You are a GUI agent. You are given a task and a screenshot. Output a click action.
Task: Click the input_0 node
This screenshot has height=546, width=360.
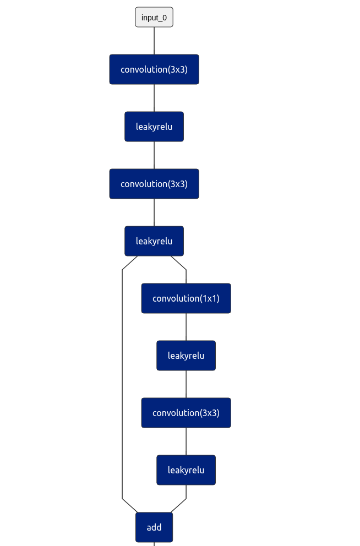[154, 17]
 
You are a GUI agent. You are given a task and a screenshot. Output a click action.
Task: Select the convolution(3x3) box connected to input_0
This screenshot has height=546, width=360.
[154, 69]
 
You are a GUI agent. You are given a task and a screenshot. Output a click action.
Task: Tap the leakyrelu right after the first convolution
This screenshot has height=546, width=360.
[154, 127]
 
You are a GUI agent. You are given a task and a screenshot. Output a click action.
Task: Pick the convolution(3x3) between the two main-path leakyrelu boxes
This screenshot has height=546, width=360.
[154, 184]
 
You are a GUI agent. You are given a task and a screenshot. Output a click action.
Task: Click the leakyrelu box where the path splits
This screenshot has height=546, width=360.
[154, 241]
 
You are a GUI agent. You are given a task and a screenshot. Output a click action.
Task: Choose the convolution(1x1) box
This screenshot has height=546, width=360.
[186, 298]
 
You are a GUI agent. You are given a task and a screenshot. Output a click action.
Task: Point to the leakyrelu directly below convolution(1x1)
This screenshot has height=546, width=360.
[186, 356]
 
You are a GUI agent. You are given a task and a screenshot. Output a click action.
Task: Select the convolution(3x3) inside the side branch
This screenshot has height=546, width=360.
[186, 413]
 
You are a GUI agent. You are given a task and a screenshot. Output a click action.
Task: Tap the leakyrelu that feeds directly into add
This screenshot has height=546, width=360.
[186, 470]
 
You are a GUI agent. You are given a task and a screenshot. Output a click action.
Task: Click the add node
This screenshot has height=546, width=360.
[154, 527]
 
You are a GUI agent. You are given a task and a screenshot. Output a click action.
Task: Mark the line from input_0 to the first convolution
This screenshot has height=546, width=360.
[154, 41]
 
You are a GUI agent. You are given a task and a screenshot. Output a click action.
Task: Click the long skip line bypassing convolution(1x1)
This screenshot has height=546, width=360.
[122, 385]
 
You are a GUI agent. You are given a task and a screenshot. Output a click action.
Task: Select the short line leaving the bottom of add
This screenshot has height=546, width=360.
[154, 544]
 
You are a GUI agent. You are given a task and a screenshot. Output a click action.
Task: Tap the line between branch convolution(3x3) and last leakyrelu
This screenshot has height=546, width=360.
[186, 441]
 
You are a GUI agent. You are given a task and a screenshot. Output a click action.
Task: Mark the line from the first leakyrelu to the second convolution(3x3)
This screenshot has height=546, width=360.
[154, 155]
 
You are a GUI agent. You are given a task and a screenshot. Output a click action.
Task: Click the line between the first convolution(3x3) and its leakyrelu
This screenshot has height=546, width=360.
[154, 98]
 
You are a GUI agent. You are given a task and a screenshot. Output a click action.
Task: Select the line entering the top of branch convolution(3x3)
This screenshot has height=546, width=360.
[186, 384]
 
